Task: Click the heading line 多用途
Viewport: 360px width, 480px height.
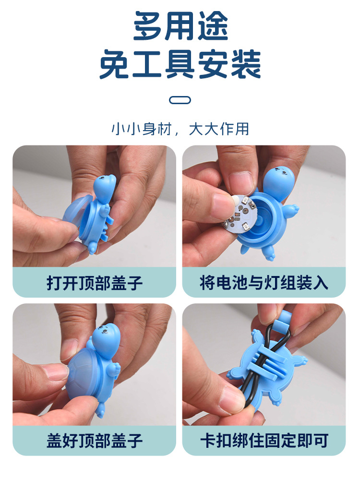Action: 180,26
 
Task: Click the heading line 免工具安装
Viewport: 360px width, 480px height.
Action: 180,64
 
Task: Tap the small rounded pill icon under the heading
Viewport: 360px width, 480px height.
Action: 180,100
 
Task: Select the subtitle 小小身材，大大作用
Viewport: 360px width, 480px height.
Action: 180,129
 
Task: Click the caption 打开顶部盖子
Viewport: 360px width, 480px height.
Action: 94,283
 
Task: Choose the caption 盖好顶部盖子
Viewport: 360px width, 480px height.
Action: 94,441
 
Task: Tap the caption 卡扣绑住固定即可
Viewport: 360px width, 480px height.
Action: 264,441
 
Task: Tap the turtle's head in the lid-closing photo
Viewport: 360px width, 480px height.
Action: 106,339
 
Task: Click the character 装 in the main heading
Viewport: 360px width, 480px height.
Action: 245,64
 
